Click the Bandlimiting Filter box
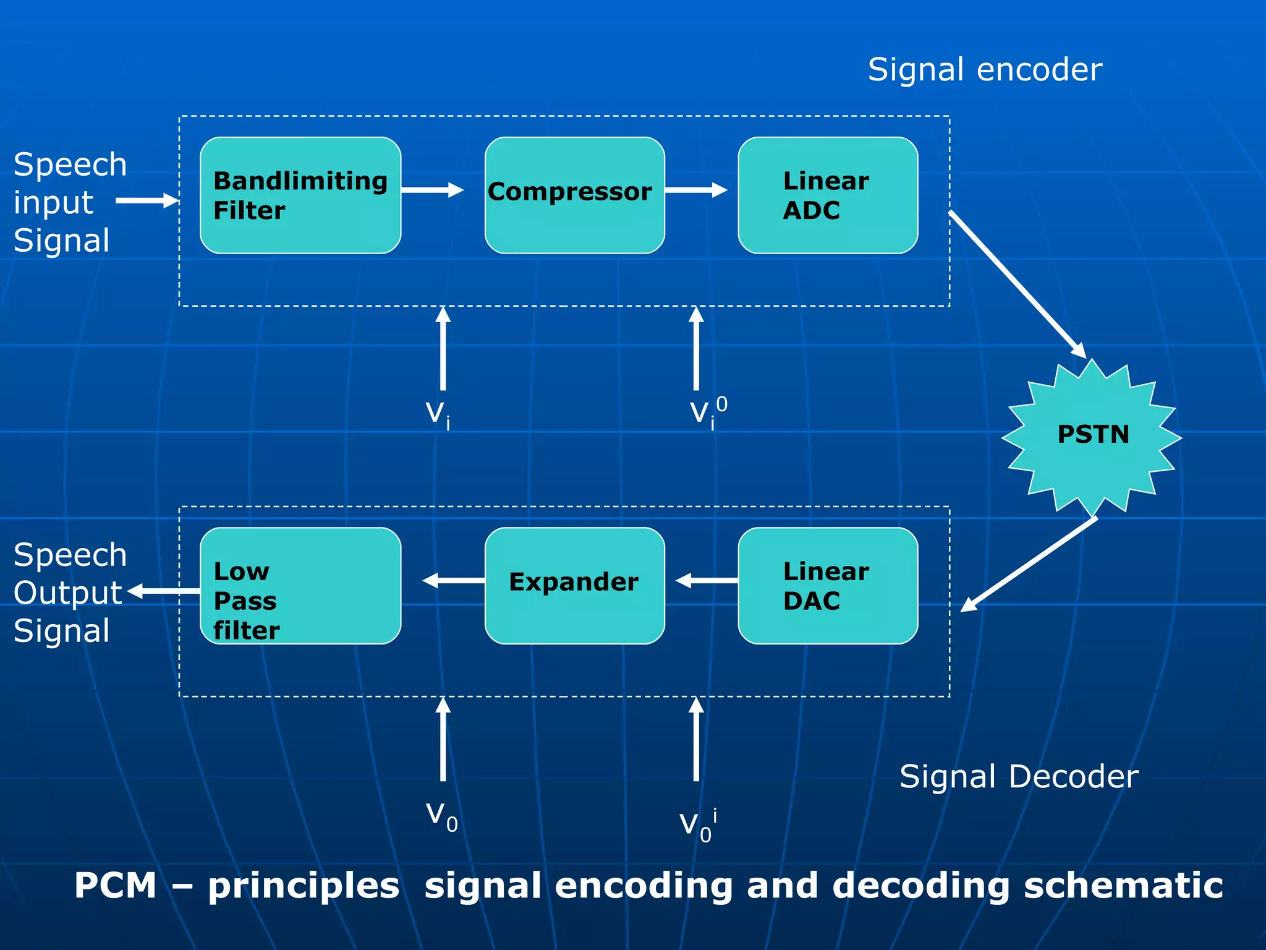(300, 195)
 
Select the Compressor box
(574, 195)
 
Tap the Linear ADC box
(828, 195)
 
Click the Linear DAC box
(828, 586)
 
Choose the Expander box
(574, 586)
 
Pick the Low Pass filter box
(300, 586)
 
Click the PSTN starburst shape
(1092, 435)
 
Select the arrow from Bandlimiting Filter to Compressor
(432, 190)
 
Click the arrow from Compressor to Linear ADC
(696, 190)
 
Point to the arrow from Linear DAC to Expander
(707, 581)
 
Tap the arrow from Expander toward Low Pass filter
(453, 581)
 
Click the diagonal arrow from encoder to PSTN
(1017, 285)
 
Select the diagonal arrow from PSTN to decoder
(1029, 564)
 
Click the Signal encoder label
(985, 69)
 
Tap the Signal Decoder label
(1018, 777)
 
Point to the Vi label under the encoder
(438, 413)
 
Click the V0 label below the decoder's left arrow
(441, 816)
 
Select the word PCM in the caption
(116, 886)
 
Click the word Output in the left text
(68, 593)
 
